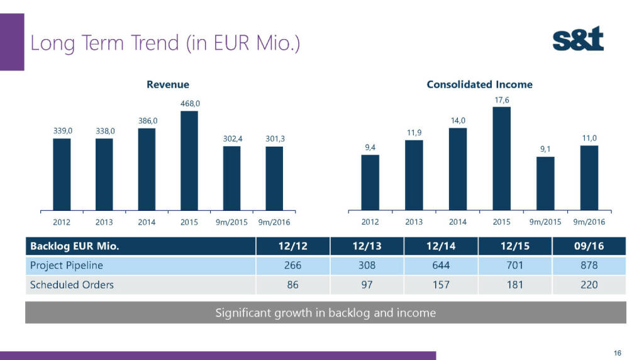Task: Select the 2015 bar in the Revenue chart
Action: [189, 160]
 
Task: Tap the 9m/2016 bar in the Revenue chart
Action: [274, 178]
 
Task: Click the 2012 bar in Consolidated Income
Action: [370, 182]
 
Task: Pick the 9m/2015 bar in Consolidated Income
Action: [545, 183]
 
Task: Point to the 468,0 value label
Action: [189, 103]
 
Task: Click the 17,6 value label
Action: [501, 99]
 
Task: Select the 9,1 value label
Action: [545, 149]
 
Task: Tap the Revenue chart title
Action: [168, 84]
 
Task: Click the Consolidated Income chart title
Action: [479, 84]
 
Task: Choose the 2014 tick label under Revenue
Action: [147, 222]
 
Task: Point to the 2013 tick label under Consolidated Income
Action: [414, 222]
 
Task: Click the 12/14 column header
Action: [441, 246]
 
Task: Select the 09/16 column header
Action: [589, 246]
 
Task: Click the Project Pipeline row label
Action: [67, 265]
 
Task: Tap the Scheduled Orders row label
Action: [72, 284]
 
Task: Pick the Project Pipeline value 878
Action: [589, 265]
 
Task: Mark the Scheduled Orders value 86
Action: [292, 284]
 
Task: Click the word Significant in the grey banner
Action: [241, 312]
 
